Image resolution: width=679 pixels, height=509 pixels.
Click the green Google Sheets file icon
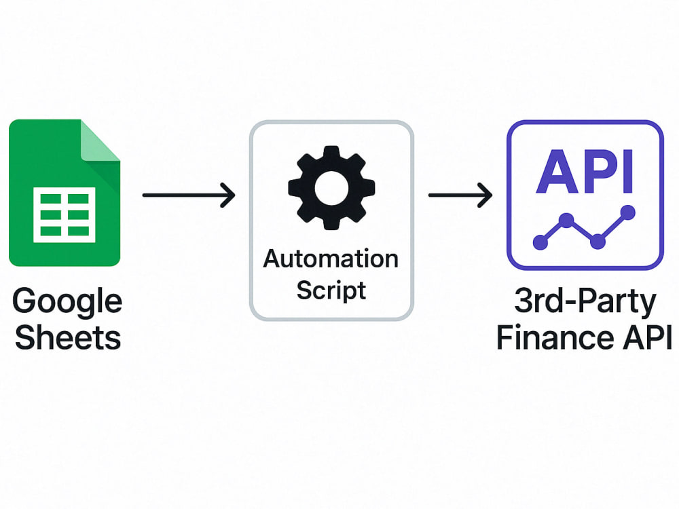pyautogui.click(x=64, y=193)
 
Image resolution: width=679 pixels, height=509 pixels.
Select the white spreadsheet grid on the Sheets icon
pyautogui.click(x=64, y=214)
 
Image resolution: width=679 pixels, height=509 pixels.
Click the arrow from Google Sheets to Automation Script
pyautogui.click(x=189, y=195)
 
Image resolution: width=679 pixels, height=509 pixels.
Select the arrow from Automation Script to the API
pyautogui.click(x=460, y=195)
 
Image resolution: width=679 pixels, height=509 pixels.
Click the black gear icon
pyautogui.click(x=332, y=188)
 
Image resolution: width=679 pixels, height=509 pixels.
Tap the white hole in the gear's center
pyautogui.click(x=332, y=188)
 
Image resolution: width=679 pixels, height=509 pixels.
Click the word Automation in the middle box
pyautogui.click(x=331, y=259)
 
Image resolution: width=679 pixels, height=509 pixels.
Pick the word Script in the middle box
pyautogui.click(x=331, y=290)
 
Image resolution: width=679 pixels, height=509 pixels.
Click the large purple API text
pyautogui.click(x=585, y=172)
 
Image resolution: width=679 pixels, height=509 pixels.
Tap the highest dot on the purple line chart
pyautogui.click(x=627, y=212)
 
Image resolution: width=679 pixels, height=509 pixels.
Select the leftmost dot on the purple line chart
pyautogui.click(x=540, y=242)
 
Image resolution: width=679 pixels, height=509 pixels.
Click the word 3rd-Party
pyautogui.click(x=585, y=302)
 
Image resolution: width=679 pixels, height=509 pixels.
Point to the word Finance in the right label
pyautogui.click(x=555, y=337)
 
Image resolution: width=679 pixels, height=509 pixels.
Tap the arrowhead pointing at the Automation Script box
pyautogui.click(x=228, y=195)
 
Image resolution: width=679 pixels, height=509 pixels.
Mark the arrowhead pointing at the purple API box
pyautogui.click(x=485, y=195)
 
